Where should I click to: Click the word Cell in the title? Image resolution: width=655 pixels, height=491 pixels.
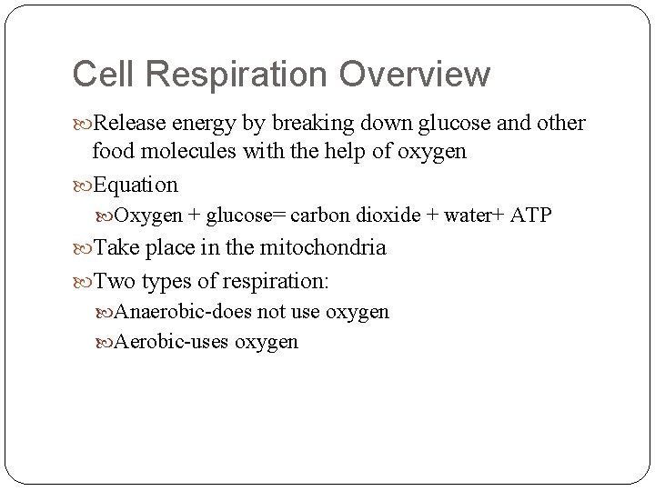coord(101,75)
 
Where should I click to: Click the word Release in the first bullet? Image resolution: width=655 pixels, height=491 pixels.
coord(130,123)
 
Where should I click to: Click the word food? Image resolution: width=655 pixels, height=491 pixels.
coord(111,152)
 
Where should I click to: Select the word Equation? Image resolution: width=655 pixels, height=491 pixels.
coord(136,185)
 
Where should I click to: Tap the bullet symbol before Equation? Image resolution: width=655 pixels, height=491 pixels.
coord(83,185)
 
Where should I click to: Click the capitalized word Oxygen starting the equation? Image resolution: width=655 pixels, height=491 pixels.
coord(149,215)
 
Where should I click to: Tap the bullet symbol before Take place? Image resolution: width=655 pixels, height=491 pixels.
coord(83,247)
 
